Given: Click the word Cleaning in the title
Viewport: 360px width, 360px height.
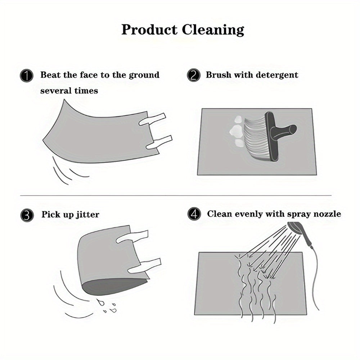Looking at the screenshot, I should [x=212, y=30].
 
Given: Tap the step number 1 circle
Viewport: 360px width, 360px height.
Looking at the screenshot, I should [x=26, y=76].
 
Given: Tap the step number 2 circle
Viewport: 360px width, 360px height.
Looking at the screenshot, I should [x=193, y=76].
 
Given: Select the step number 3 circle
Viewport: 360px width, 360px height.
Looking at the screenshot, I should [x=26, y=215].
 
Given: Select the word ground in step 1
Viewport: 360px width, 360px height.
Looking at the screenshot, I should [x=144, y=75].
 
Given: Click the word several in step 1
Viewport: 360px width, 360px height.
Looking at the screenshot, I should [x=54, y=91].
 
